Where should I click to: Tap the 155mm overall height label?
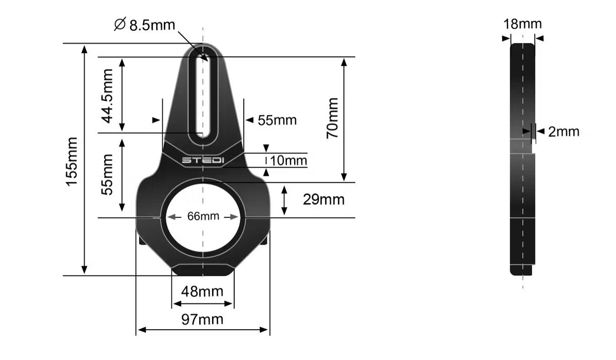pyautogui.click(x=72, y=162)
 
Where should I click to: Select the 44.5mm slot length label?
pyautogui.click(x=107, y=96)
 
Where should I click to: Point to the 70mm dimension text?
pyautogui.click(x=333, y=118)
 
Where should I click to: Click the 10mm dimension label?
pyautogui.click(x=288, y=161)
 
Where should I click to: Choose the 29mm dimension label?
pyautogui.click(x=324, y=199)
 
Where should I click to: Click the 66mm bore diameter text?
pyautogui.click(x=203, y=216)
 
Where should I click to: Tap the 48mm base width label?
pyautogui.click(x=202, y=291)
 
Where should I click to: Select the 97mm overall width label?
pyautogui.click(x=202, y=319)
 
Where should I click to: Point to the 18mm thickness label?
pyautogui.click(x=523, y=24)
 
